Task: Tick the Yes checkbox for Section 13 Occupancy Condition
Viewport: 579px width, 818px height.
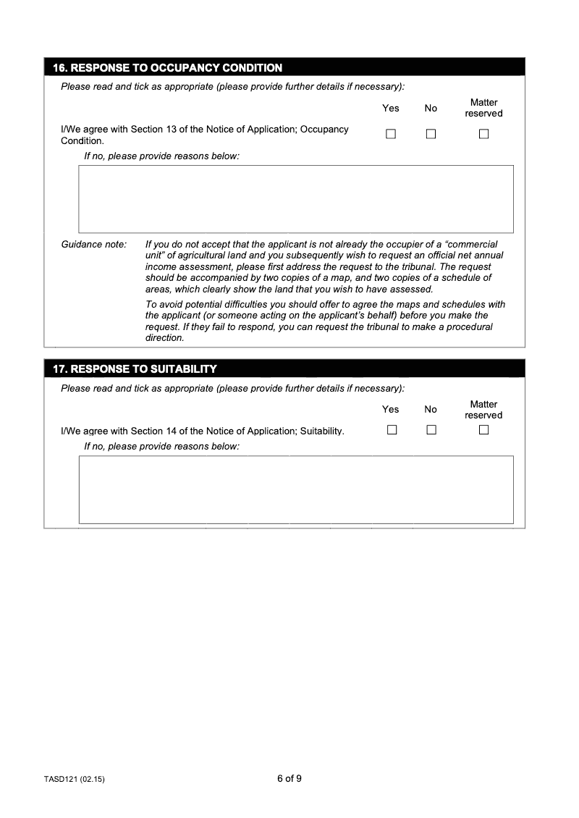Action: point(391,134)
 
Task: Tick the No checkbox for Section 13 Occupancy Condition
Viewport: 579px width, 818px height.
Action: point(431,134)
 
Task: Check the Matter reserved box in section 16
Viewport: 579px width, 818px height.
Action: point(483,134)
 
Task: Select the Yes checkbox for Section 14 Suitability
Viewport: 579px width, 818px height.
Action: point(392,430)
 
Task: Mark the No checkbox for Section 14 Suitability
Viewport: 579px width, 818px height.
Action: point(431,430)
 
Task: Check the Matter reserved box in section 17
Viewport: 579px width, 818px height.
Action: point(483,430)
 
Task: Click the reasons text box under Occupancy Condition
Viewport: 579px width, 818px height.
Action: point(295,198)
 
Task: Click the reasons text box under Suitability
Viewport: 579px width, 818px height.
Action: point(295,489)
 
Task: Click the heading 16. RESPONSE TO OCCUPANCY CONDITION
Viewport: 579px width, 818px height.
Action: point(167,68)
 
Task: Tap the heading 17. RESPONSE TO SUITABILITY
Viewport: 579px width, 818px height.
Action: point(135,369)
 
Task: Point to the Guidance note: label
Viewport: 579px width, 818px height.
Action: point(93,245)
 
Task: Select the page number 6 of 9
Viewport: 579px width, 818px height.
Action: point(289,779)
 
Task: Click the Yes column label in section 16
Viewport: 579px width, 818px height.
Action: point(390,109)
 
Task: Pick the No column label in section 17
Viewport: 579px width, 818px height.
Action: point(431,410)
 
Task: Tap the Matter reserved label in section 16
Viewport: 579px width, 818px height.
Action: point(483,108)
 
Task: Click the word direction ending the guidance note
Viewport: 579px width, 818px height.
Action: point(164,338)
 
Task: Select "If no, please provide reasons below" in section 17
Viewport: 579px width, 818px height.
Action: point(161,447)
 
